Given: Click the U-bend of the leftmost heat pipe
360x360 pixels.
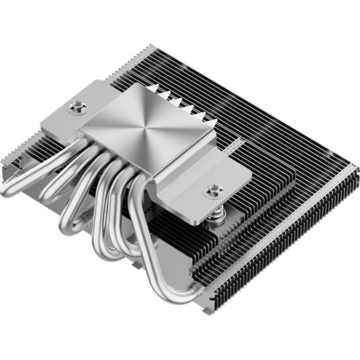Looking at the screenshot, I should click(x=11, y=187).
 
